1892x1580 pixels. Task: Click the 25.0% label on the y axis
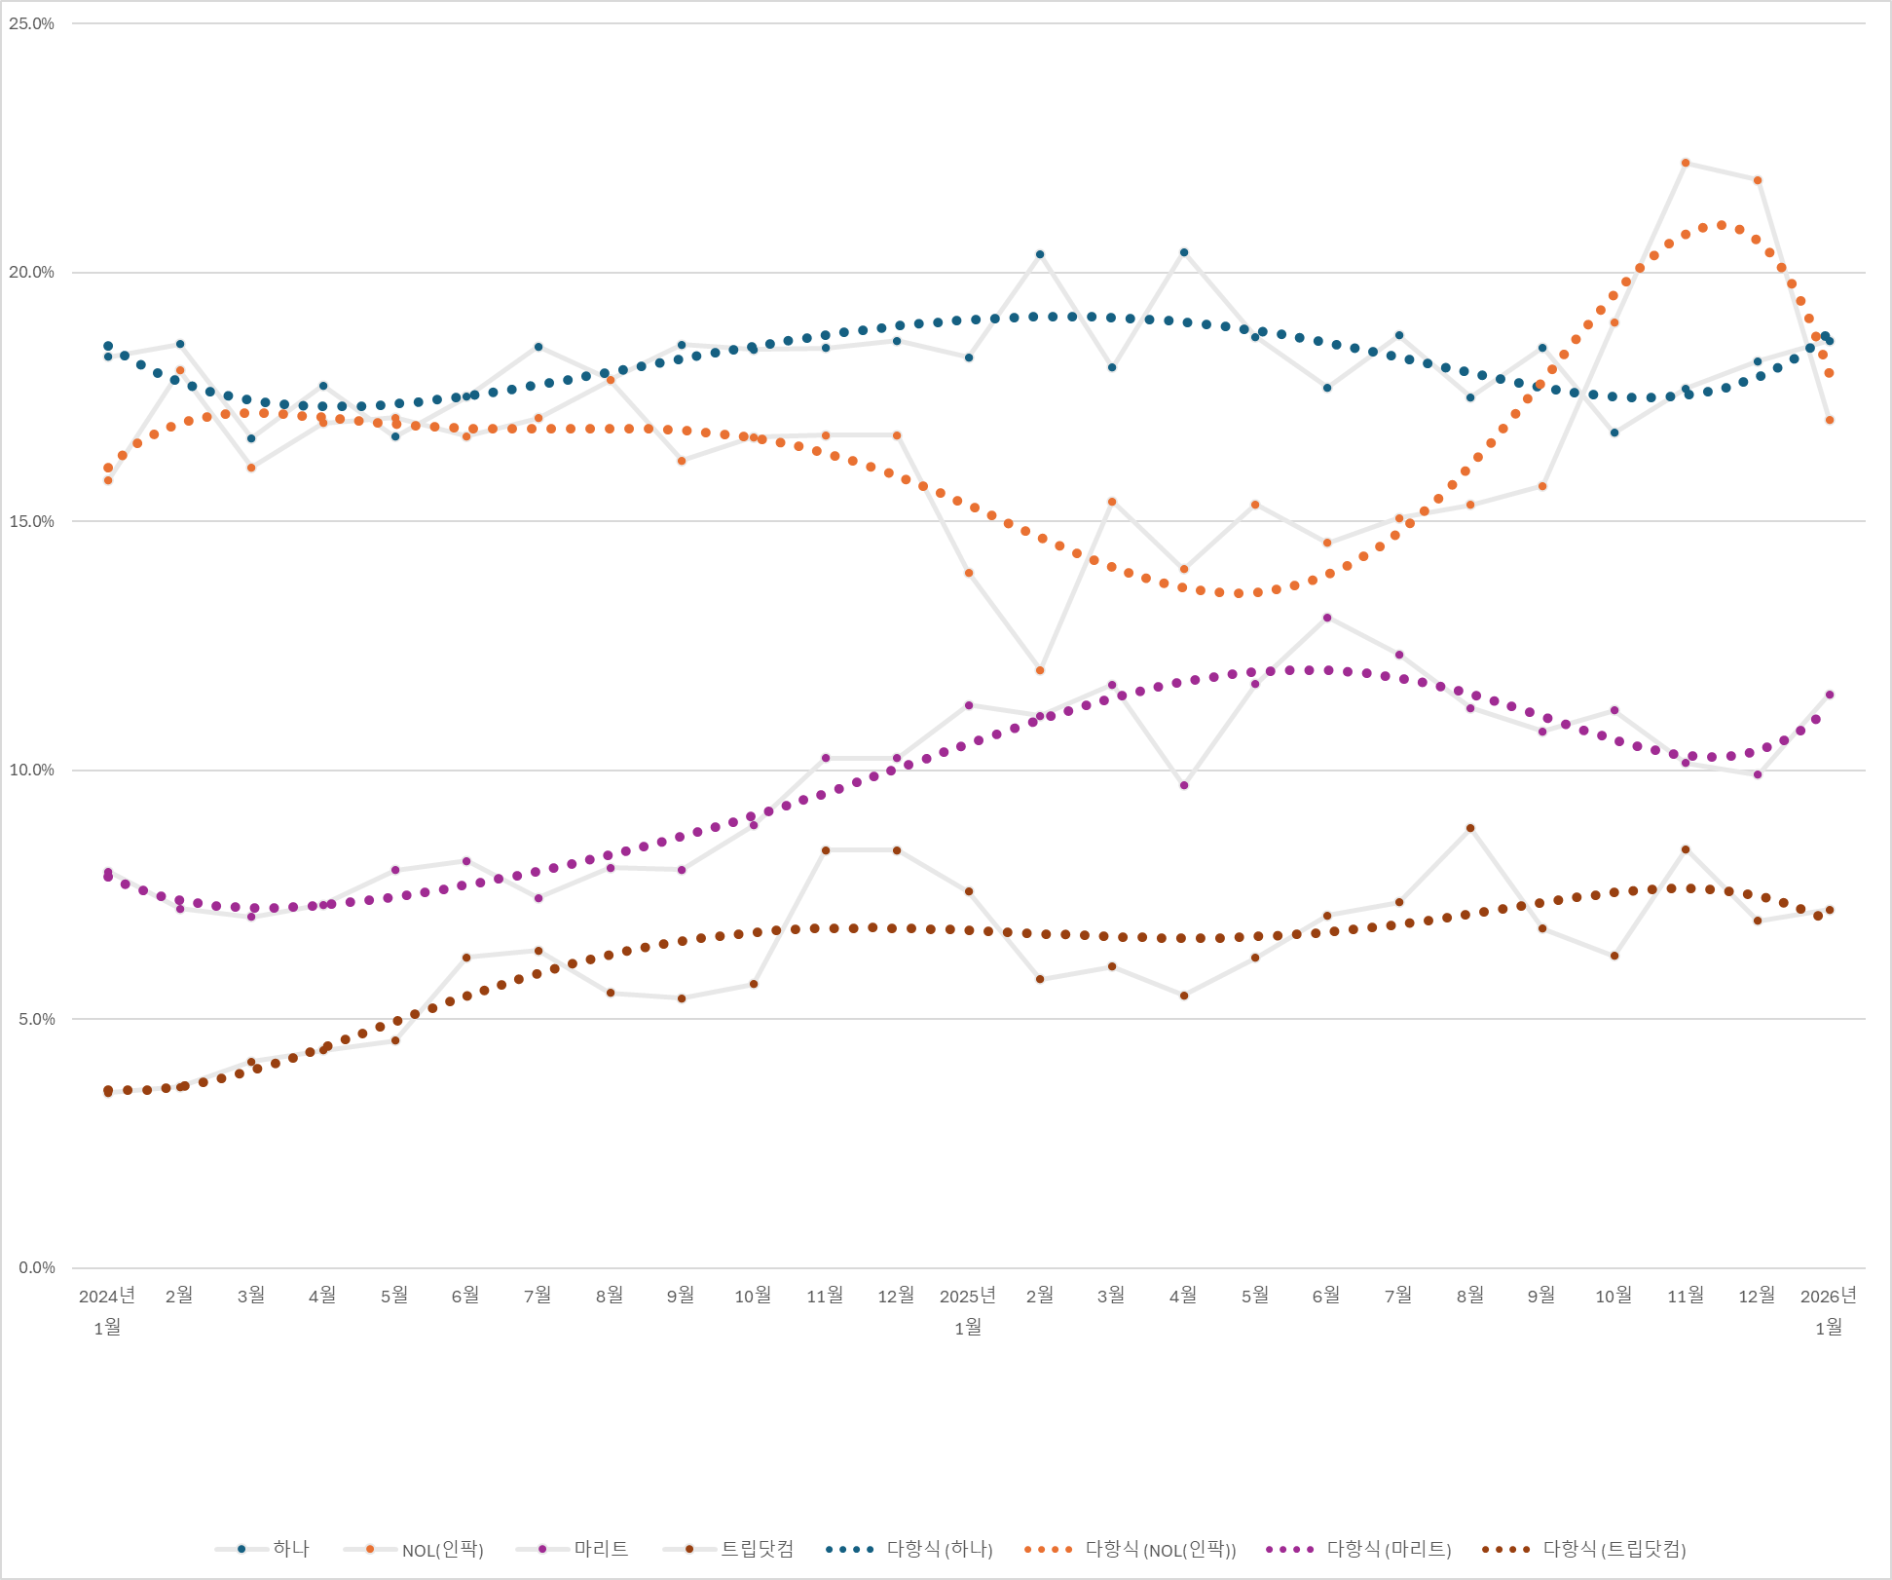point(32,23)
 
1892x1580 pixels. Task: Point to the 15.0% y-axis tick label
point(32,521)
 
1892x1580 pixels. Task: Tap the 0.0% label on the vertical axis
point(36,1267)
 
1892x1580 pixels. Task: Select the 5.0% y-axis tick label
point(36,1019)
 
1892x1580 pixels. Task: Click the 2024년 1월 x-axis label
point(107,1310)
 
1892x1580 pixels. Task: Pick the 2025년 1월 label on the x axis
point(968,1310)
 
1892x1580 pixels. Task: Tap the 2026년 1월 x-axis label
point(1829,1310)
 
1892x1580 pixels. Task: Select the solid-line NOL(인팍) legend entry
point(442,1550)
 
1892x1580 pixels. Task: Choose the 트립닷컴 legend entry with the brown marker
point(756,1549)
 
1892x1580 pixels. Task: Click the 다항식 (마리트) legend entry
point(1389,1550)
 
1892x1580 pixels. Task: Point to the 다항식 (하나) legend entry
point(939,1549)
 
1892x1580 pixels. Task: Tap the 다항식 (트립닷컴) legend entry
point(1614,1550)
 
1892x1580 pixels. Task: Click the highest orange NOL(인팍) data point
point(1686,163)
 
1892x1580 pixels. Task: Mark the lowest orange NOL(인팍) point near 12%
point(1040,670)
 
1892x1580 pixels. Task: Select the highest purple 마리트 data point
point(1327,618)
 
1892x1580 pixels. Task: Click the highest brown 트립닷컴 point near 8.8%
point(1470,828)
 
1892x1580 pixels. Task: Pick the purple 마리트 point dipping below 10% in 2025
point(1184,785)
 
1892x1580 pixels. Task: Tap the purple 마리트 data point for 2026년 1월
point(1830,695)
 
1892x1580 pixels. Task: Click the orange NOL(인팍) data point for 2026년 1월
point(1830,420)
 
